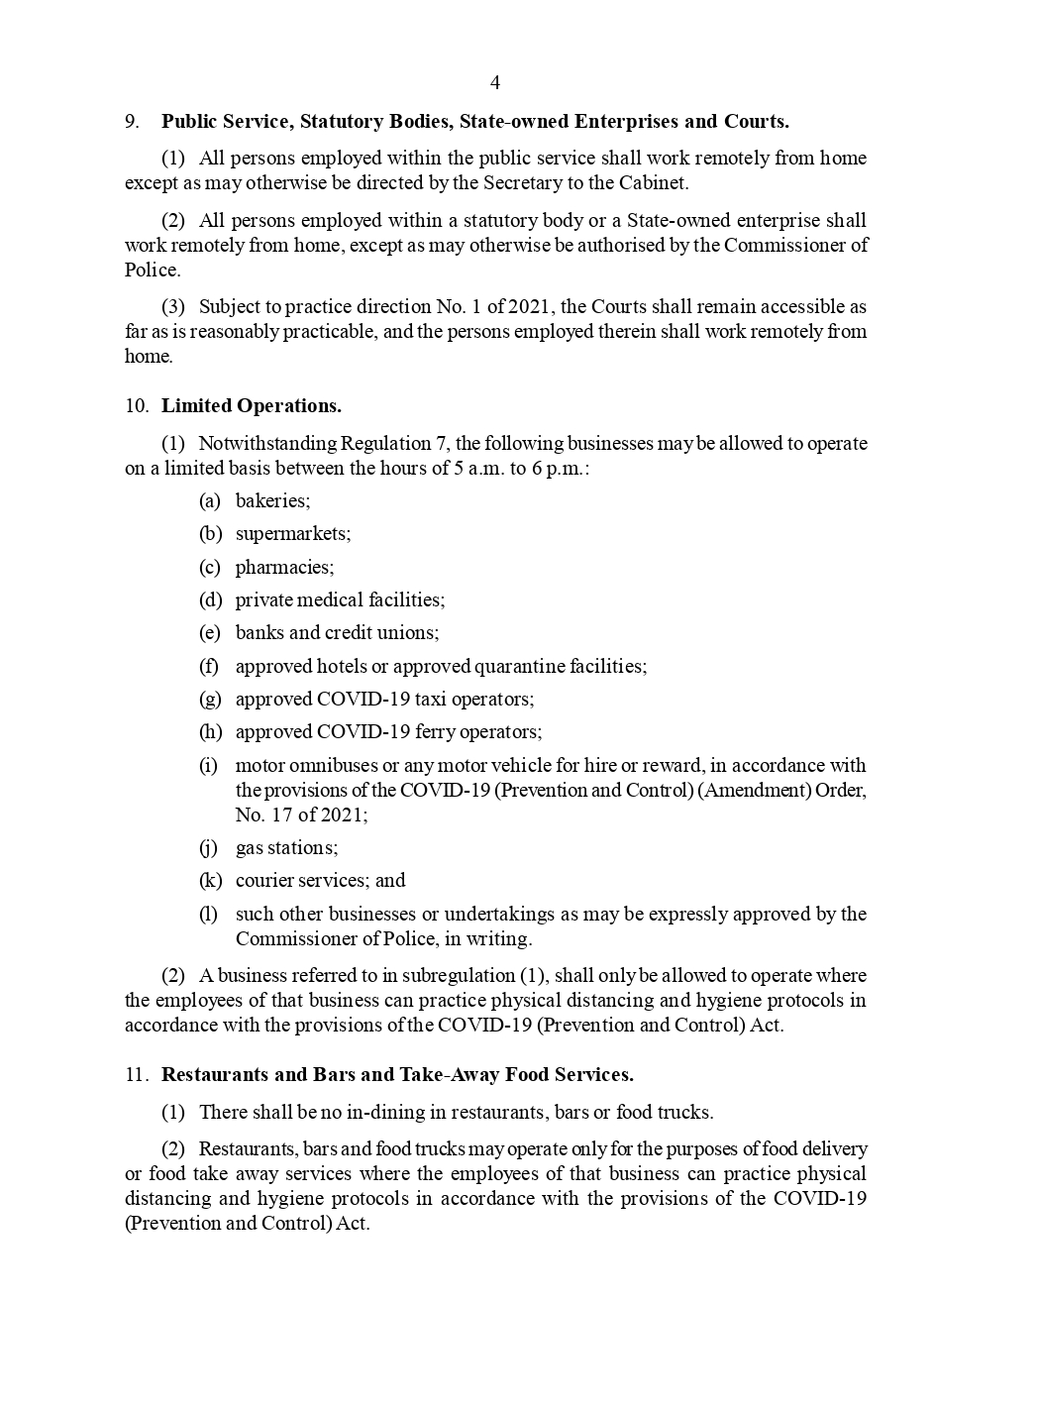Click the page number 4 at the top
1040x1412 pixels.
(x=495, y=82)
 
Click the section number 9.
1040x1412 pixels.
(x=131, y=122)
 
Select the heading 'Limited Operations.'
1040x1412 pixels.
(x=252, y=406)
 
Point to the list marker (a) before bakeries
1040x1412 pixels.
(x=209, y=501)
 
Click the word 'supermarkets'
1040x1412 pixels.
(x=292, y=534)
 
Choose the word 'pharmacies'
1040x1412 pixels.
(x=284, y=568)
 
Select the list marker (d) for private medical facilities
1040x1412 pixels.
(x=210, y=600)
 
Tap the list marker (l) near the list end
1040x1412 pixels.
(x=208, y=915)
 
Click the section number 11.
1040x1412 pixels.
(x=136, y=1075)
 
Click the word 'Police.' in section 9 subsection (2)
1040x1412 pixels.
(x=153, y=271)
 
